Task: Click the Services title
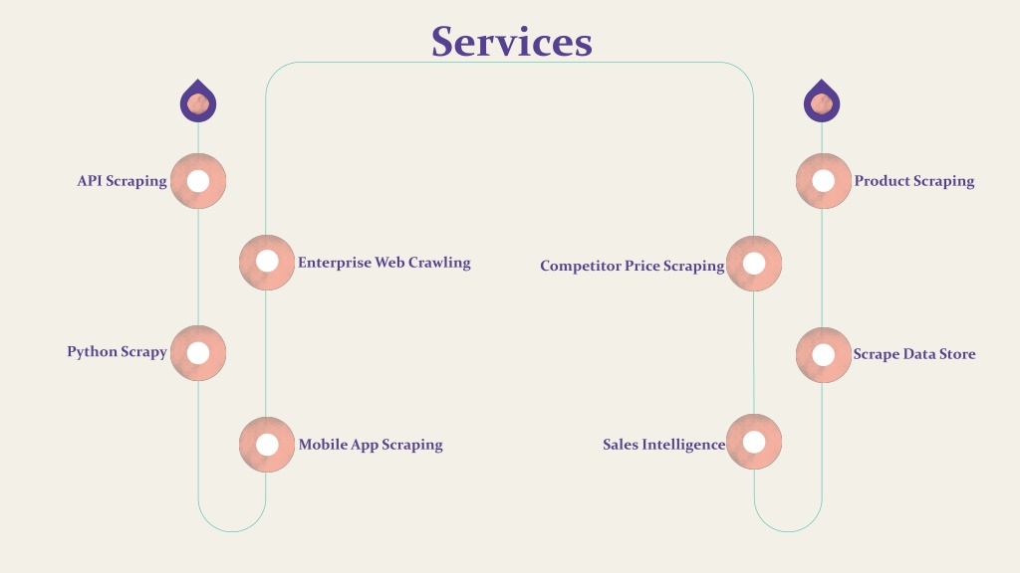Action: tap(512, 42)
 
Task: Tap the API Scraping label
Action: tap(123, 181)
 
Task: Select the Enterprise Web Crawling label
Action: tap(384, 263)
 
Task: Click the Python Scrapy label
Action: tap(118, 352)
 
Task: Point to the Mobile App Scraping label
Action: tap(371, 445)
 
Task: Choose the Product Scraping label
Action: tap(914, 181)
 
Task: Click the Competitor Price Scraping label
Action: tap(633, 266)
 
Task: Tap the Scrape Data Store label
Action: tap(914, 354)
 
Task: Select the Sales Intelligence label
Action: tap(663, 445)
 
